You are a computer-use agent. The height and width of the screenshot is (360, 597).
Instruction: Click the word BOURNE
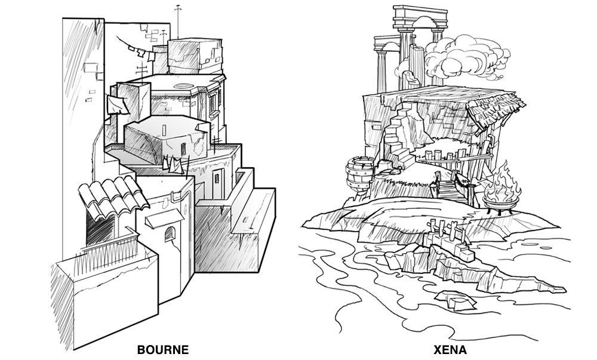tap(163, 349)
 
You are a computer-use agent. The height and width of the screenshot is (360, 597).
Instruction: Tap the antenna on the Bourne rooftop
tap(177, 21)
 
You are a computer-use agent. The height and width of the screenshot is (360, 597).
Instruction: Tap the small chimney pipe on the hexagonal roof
tap(164, 128)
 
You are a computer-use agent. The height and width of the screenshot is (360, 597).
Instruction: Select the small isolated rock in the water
tap(452, 298)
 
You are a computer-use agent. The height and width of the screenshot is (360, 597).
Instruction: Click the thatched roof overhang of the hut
tap(487, 113)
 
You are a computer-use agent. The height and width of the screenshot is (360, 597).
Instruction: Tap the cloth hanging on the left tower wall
tap(115, 105)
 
